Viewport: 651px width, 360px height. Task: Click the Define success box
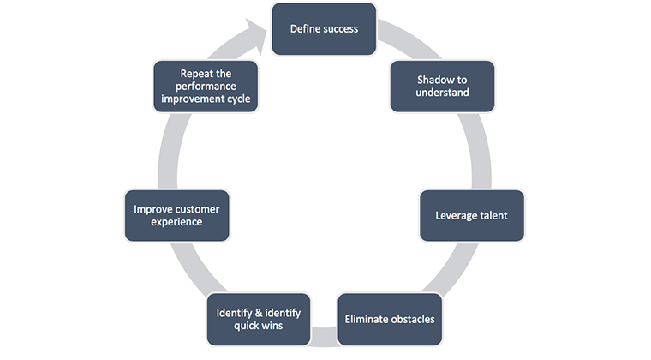324,28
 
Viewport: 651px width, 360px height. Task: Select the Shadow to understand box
442,86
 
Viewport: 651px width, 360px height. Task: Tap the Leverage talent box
471,215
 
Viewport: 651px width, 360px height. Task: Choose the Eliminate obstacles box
390,320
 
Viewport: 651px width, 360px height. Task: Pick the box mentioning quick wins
259,320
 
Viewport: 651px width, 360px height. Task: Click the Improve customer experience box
176,215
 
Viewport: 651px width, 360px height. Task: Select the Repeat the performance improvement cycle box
206,86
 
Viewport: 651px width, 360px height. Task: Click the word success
339,28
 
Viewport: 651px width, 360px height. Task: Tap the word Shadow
434,79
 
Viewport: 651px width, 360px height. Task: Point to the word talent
492,215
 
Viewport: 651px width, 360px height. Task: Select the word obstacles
409,320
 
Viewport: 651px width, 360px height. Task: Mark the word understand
442,93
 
